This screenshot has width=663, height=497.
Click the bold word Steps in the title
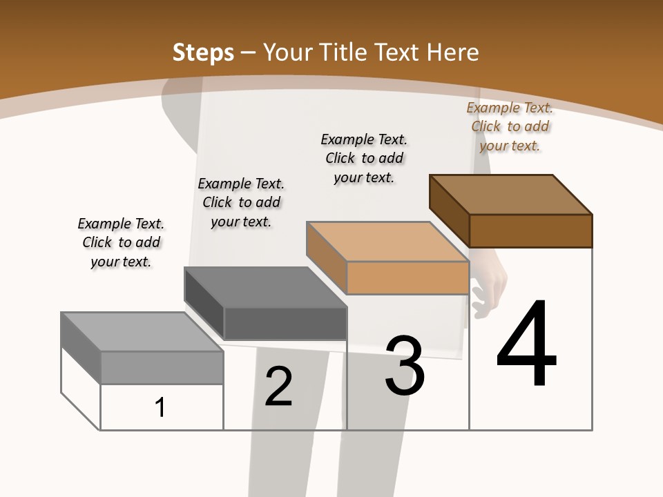203,52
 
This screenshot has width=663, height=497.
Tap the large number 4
526,344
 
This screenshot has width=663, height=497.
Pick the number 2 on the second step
278,387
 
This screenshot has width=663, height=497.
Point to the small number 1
160,407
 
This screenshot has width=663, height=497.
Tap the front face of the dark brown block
530,231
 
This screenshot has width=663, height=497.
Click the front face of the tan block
407,277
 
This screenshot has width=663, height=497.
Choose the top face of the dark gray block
265,286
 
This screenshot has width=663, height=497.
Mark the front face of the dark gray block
285,323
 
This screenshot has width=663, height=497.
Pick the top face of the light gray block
142,332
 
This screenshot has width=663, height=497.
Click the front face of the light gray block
162,367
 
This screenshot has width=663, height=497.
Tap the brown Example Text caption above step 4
510,126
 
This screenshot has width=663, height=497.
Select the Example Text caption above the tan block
364,158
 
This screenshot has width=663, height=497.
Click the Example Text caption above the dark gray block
241,202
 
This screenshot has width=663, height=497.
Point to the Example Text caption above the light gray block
121,242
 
